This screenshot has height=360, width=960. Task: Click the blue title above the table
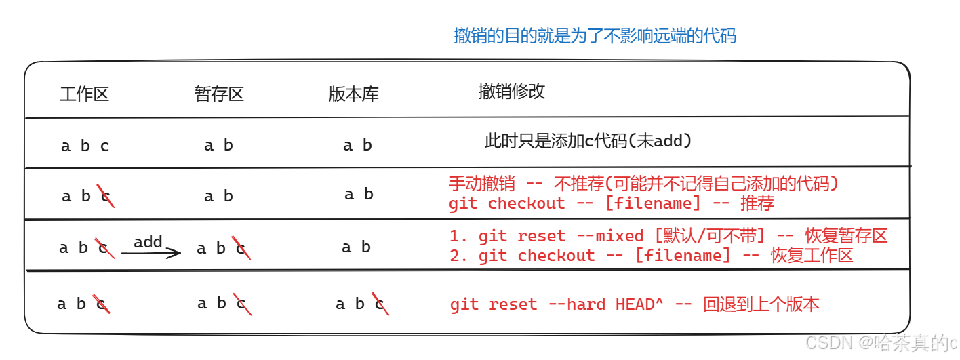[595, 35]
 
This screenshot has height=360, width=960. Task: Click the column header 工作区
[84, 94]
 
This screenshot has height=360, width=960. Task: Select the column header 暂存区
[218, 94]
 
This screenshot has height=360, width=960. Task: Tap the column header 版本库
[353, 94]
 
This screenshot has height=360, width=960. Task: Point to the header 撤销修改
[511, 92]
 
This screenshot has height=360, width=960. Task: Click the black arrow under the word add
[151, 253]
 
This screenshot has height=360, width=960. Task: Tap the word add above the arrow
[148, 242]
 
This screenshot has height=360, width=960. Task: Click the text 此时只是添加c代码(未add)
[588, 141]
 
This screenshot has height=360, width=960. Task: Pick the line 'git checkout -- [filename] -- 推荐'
[611, 203]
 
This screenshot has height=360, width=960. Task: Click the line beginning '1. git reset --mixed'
[668, 236]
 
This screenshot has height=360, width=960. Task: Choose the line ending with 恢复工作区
[651, 256]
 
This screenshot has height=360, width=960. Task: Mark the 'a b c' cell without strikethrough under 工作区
[85, 146]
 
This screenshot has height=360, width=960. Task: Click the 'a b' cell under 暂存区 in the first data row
[218, 145]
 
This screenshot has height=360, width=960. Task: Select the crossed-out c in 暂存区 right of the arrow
[241, 248]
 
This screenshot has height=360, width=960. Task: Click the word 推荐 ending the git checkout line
[757, 203]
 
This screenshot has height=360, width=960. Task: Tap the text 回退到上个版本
[761, 304]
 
